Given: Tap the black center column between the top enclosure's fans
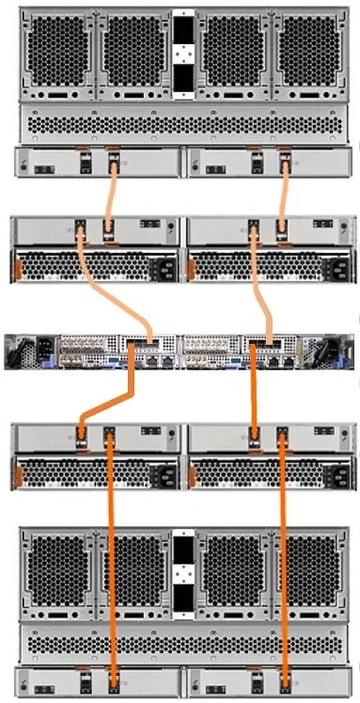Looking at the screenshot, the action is click(182, 52).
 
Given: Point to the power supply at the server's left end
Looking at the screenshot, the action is click(21, 351).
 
